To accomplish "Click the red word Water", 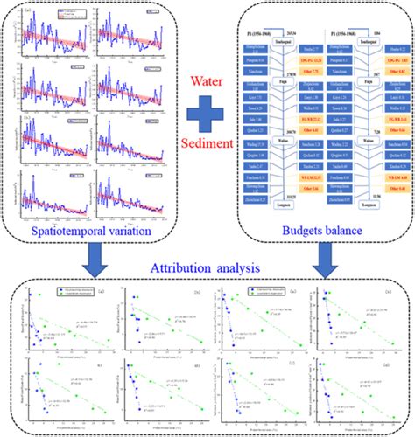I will (x=207, y=86).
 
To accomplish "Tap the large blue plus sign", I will (x=207, y=114).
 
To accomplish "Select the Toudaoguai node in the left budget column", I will (x=286, y=41).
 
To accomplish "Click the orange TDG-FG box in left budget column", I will (x=313, y=59).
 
